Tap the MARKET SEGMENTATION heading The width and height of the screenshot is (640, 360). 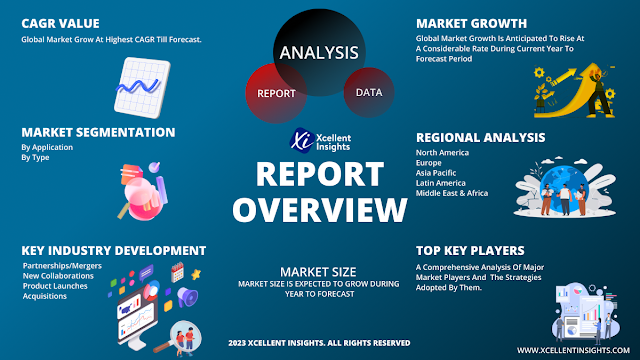pos(98,132)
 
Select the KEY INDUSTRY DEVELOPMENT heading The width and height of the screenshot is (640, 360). pos(113,249)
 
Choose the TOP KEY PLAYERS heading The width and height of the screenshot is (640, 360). pos(470,249)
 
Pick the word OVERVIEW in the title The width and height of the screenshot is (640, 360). pos(319,209)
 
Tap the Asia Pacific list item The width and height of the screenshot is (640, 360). pos(437,173)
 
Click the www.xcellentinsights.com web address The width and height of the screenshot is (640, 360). pos(572,349)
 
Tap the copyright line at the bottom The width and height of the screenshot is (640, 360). pos(318,343)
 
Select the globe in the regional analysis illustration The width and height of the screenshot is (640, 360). pos(566,181)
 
